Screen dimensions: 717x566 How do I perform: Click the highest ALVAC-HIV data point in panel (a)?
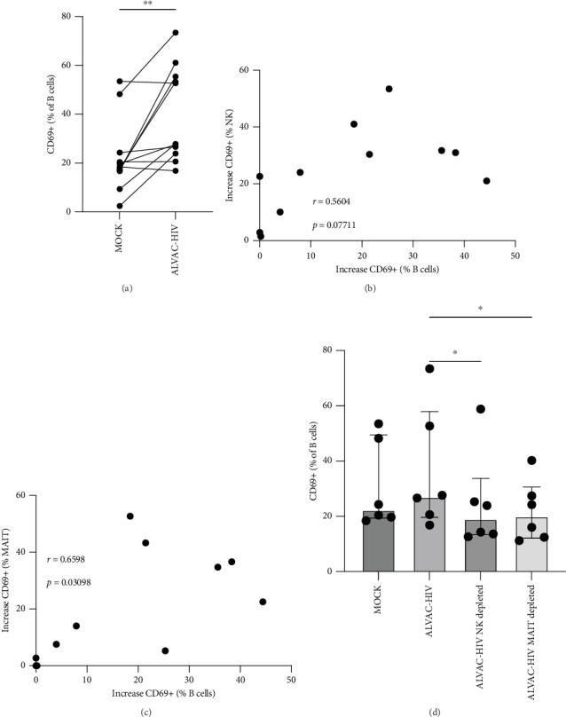(176, 33)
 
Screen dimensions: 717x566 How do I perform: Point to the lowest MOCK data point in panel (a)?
(119, 206)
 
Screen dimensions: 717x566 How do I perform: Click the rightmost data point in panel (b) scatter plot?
(486, 181)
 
